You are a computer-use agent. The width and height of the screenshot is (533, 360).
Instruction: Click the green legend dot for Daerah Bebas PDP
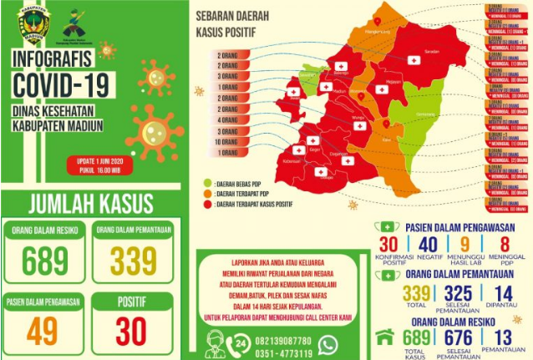[x=207, y=180]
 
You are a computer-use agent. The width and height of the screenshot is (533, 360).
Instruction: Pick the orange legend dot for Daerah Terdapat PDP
[x=207, y=191]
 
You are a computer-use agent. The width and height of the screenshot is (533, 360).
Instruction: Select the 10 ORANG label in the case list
[x=228, y=143]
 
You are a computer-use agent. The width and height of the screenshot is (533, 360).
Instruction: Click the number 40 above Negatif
[x=428, y=244]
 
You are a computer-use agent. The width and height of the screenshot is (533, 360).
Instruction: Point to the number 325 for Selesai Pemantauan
[x=456, y=293]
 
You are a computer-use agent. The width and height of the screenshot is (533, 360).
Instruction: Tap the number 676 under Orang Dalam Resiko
[x=456, y=338]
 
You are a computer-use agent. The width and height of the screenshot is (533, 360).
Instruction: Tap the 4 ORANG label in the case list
[x=228, y=120]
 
